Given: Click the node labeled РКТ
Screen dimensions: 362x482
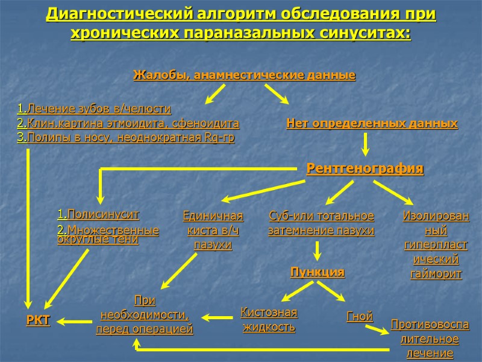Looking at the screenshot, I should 38,320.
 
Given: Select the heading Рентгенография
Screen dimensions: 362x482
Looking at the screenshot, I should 365,168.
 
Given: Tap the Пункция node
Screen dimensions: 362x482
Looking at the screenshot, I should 318,272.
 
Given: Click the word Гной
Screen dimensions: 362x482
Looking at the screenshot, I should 360,316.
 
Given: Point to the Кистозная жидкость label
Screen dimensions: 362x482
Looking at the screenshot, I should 269,320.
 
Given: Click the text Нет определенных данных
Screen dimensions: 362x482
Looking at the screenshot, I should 372,124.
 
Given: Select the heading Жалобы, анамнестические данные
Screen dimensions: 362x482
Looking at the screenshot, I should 244,75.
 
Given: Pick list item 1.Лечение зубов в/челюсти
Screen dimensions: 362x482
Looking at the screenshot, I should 94,109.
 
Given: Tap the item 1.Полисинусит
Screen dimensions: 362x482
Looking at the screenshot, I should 98,214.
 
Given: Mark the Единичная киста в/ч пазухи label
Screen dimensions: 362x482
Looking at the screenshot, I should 213,230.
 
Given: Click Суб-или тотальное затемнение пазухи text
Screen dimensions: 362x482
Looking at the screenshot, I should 321,223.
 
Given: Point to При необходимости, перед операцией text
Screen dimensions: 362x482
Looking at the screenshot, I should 145,314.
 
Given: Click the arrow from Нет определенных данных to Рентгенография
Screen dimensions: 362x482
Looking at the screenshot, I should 365,145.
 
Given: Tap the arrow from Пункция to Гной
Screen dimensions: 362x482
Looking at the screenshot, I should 333,291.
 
